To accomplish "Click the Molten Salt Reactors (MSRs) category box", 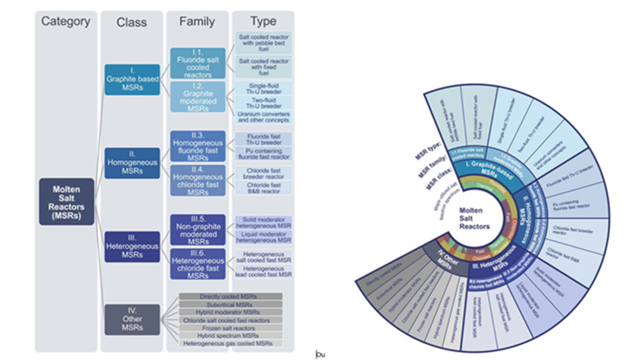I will tap(66, 201).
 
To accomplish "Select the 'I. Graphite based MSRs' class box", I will tap(132, 79).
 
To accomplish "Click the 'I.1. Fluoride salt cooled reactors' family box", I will tap(197, 63).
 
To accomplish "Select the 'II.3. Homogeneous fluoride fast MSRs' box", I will tap(197, 146).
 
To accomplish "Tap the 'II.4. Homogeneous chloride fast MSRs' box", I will tap(197, 180).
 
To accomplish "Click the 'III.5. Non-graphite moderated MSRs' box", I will tap(197, 229).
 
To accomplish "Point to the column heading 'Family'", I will tap(197, 22).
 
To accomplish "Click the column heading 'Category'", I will tap(66, 21).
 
